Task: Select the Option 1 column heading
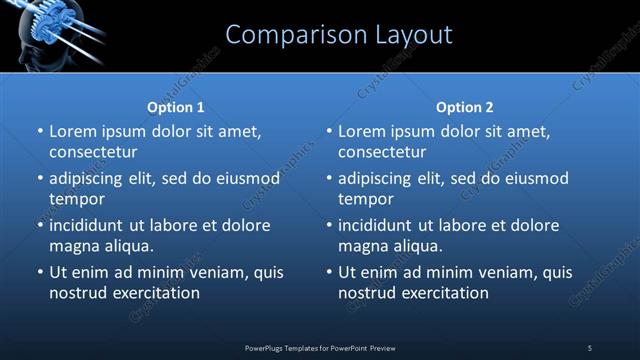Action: tap(176, 107)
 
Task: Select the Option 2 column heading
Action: tap(465, 107)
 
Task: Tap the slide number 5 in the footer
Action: tap(590, 347)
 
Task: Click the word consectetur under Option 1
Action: tap(93, 152)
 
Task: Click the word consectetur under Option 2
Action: tap(382, 152)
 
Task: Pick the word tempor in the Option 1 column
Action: tap(75, 198)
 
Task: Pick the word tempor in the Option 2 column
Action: tap(364, 198)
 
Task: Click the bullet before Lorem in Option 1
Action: tap(38, 131)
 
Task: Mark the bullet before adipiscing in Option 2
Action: tap(327, 178)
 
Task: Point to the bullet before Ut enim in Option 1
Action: tap(38, 272)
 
